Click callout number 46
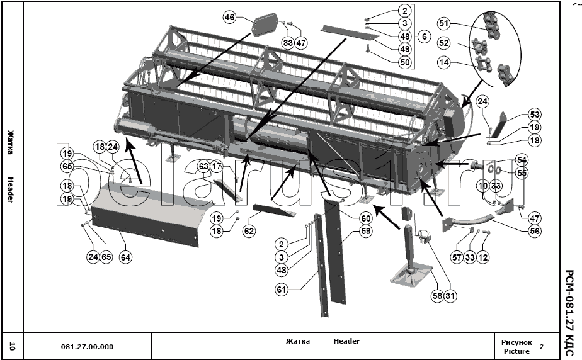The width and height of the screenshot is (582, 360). [x=229, y=18]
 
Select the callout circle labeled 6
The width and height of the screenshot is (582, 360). [x=424, y=37]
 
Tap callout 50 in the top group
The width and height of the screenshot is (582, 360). [x=404, y=62]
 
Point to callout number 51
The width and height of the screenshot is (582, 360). [x=444, y=24]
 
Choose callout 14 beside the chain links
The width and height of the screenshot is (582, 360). [x=444, y=62]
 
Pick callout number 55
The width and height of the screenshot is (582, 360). [x=522, y=173]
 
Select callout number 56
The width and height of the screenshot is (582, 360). [x=535, y=231]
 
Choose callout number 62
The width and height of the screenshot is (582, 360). [x=249, y=231]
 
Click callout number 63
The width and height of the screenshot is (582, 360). [x=203, y=167]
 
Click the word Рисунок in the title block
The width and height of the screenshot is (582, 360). [x=516, y=342]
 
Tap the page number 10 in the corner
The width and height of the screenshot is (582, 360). [x=12, y=346]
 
